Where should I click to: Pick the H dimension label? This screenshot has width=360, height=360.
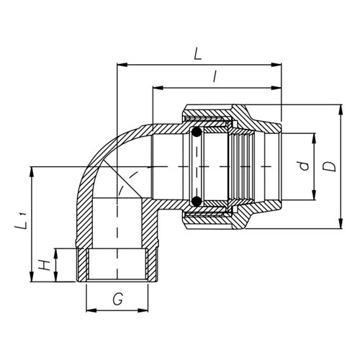click(x=45, y=265)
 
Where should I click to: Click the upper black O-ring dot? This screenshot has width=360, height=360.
click(x=196, y=132)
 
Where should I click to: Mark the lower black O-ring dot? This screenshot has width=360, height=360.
click(x=196, y=201)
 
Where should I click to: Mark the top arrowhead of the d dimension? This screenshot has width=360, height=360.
click(x=314, y=135)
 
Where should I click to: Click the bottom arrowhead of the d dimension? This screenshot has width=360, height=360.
click(x=314, y=199)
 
